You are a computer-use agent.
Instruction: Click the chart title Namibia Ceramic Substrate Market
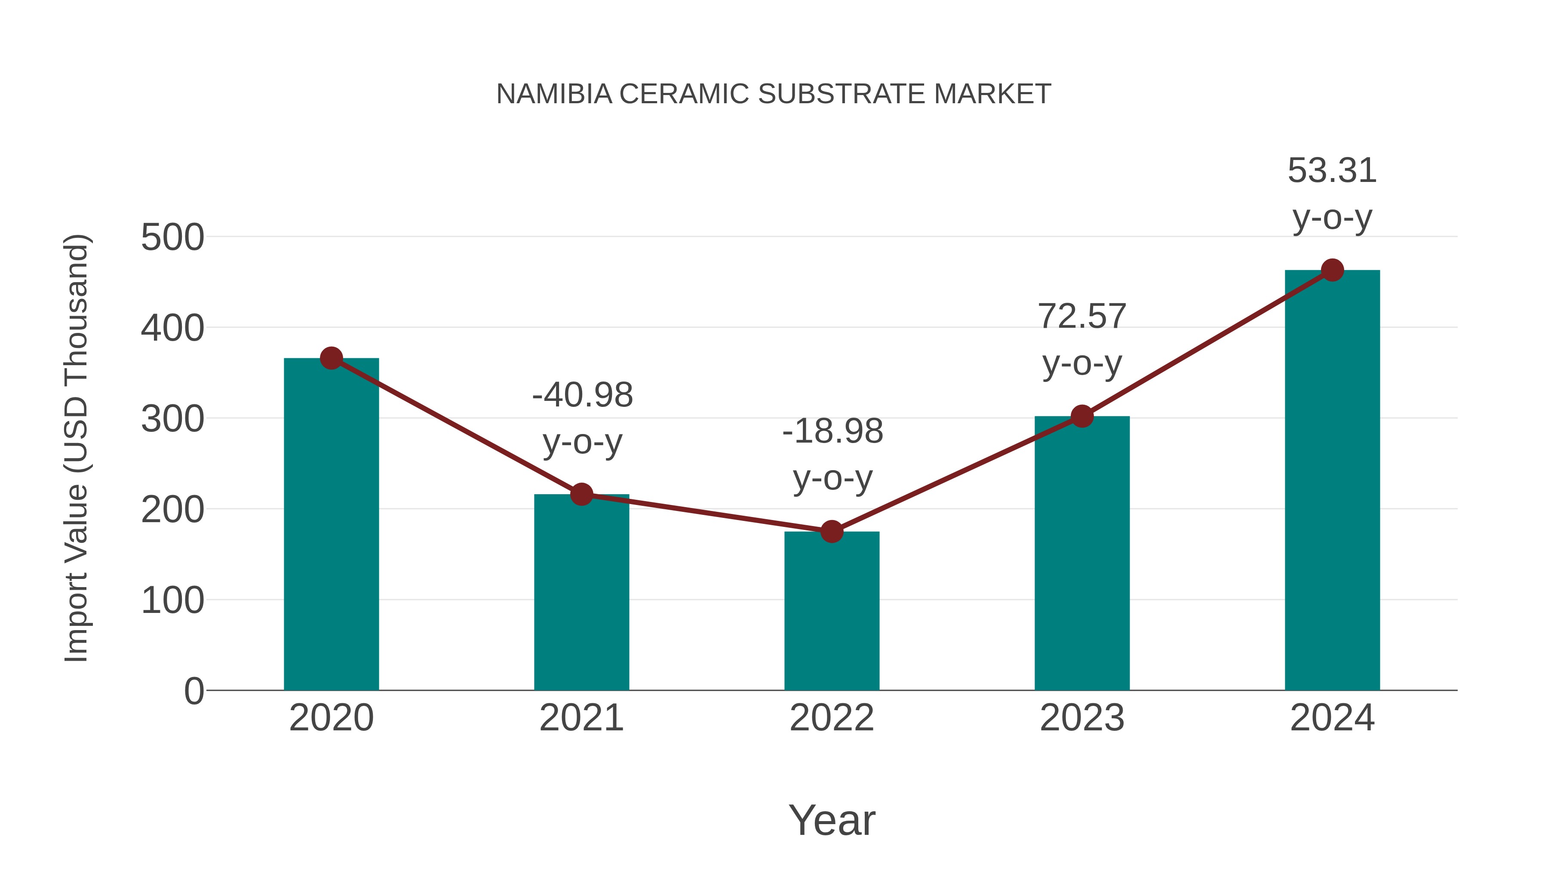774,94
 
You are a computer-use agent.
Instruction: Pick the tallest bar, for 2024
1332,481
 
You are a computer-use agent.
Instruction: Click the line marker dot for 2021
581,494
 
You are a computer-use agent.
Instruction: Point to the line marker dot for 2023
1082,416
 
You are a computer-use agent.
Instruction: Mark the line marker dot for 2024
1332,271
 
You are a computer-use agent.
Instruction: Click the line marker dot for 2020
331,358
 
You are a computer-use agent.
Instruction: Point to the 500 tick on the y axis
172,237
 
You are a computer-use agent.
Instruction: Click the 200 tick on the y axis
172,510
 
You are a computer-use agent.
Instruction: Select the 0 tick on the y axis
193,691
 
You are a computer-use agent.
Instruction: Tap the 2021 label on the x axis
581,718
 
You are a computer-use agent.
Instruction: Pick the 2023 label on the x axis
1082,718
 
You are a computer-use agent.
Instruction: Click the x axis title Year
832,820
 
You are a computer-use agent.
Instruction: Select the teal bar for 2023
1082,553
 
